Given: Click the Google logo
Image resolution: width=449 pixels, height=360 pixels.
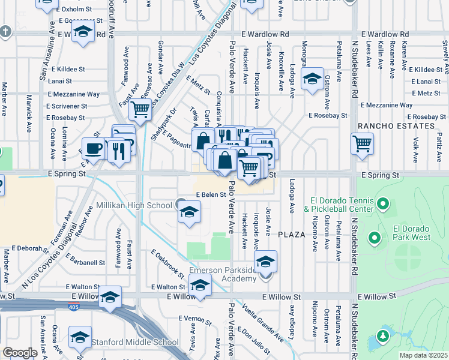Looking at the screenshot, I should click(x=20, y=353).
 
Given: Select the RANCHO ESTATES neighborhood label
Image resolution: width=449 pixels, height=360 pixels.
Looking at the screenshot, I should click(x=396, y=126).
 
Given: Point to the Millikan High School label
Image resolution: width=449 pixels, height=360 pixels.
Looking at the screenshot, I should click(x=134, y=206).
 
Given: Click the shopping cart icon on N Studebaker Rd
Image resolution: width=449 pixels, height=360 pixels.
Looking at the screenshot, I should click(x=363, y=143).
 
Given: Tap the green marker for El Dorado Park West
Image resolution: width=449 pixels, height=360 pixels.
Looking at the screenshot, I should click(x=375, y=238).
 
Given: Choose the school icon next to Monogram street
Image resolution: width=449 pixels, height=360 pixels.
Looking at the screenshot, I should click(x=312, y=79).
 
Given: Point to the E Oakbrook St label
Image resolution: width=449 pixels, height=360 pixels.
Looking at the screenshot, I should click(x=167, y=263).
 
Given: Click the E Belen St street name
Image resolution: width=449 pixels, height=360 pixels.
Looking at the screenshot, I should click(x=210, y=195).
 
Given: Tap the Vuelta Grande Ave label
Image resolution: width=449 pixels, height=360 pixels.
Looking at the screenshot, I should click(x=262, y=320).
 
